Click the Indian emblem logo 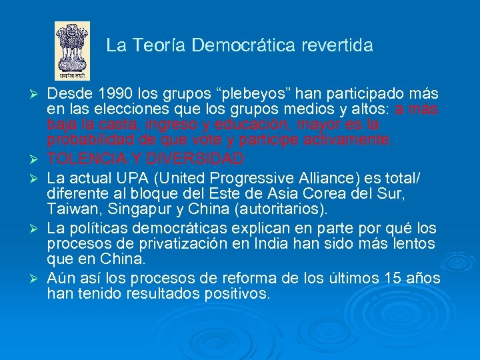coord(72,51)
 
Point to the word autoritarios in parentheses coord(282,209)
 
